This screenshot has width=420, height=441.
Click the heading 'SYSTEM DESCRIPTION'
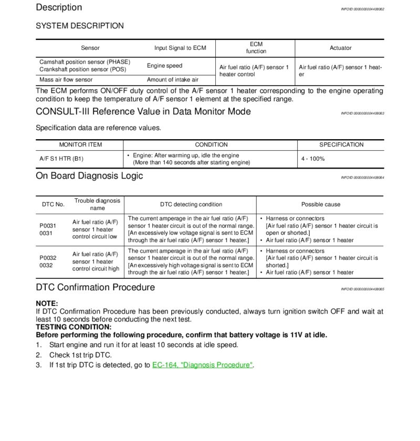point(80,26)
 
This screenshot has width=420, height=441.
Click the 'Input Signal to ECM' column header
point(180,48)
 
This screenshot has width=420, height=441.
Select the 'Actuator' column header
point(340,48)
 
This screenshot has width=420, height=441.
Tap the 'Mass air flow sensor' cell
point(66,80)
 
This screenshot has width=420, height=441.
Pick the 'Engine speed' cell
point(165,66)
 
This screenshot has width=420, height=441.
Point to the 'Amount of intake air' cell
point(173,80)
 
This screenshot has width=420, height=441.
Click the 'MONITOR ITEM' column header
point(80,144)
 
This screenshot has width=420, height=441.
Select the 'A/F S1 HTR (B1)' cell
point(61,159)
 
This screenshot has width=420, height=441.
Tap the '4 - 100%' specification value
point(313,159)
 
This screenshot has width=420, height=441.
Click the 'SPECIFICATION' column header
point(341,144)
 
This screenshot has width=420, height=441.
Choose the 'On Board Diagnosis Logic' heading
point(89,176)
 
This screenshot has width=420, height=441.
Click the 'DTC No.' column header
point(53,204)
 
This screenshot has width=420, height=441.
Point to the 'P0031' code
point(48,226)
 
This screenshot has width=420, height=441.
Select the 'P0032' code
point(48,258)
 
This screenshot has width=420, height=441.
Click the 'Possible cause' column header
point(320,204)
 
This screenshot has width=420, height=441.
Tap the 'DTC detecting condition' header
point(191,204)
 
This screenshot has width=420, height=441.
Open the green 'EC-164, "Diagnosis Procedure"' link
point(203,365)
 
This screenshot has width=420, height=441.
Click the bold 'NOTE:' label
point(47,303)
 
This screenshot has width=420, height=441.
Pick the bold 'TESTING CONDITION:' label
point(73,327)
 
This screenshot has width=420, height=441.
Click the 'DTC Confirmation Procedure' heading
point(95,287)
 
